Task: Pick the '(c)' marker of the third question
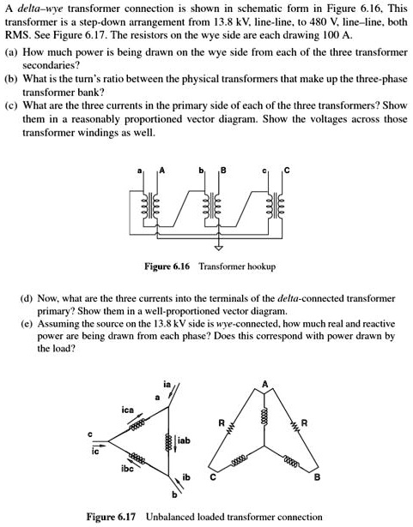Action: pyautogui.click(x=13, y=105)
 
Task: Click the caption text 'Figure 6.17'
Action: pyautogui.click(x=115, y=517)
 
